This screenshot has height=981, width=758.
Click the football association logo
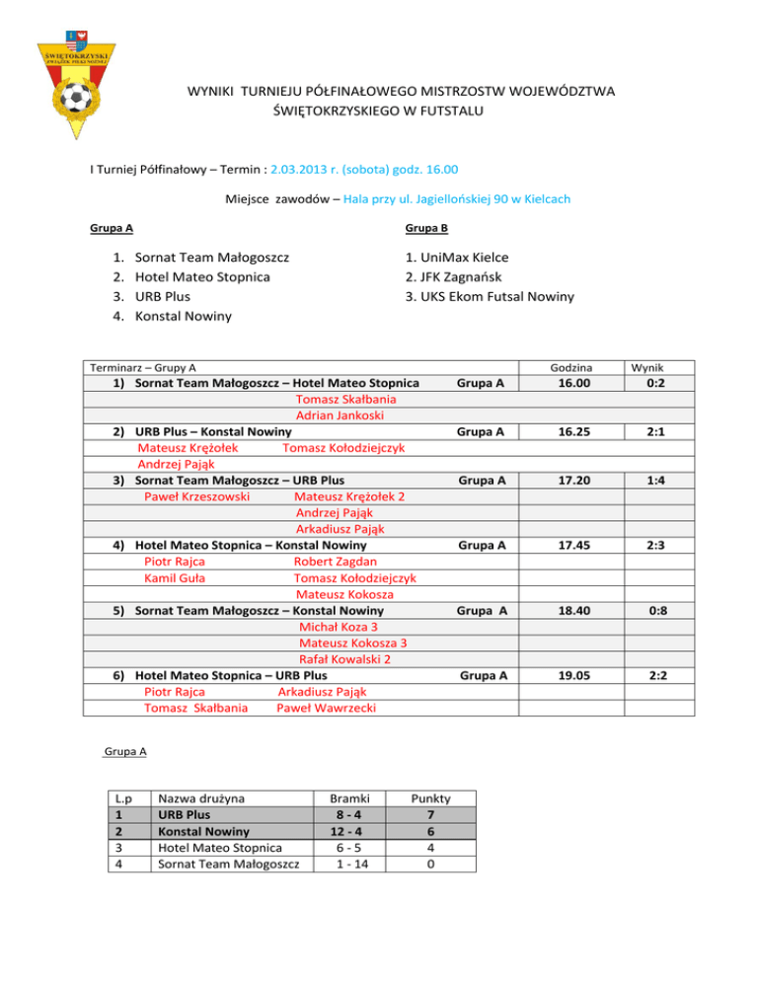pos(76,80)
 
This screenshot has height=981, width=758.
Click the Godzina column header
pos(572,367)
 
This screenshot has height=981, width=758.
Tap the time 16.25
pos(572,431)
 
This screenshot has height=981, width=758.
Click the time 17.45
pos(572,544)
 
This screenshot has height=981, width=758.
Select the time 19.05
pos(572,675)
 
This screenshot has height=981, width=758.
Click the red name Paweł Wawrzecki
pos(327,708)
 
